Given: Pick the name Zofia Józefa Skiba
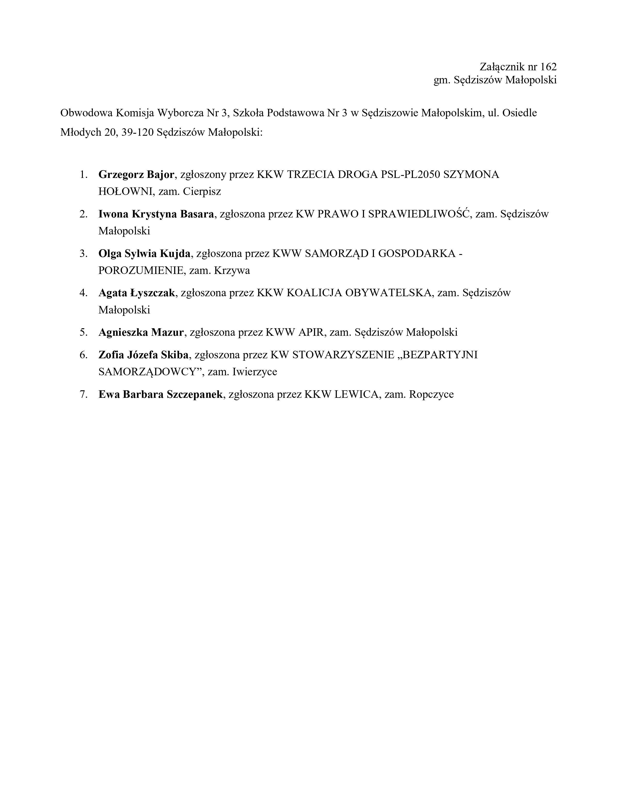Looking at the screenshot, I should [x=143, y=355].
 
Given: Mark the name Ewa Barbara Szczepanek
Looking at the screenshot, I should [x=160, y=394].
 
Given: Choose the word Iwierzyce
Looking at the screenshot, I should [x=254, y=372].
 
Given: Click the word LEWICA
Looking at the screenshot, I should [x=356, y=394].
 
